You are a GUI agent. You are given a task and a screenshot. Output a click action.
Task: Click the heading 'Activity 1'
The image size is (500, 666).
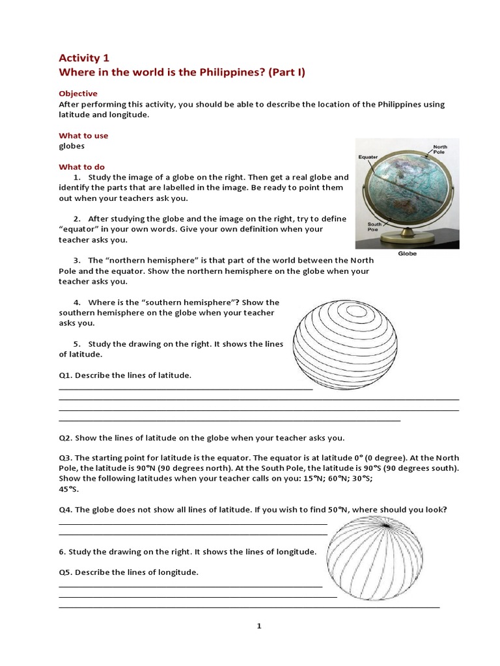(84, 58)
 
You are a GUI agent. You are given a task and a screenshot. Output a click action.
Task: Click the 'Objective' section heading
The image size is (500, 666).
(78, 94)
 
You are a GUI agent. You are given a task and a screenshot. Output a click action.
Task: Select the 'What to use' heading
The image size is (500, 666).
(83, 136)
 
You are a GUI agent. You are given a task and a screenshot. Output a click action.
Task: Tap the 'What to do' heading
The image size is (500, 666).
(81, 167)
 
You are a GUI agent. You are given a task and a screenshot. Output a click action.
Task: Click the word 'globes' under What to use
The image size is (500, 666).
(72, 146)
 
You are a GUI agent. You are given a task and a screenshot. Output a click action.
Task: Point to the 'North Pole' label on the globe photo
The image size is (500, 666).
(441, 150)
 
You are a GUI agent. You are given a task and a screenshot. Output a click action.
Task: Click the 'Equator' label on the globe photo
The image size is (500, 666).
(368, 157)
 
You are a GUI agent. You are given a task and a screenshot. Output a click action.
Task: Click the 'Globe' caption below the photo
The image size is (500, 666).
(407, 254)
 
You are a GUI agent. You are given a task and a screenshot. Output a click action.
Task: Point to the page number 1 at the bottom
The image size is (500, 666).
(258, 626)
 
